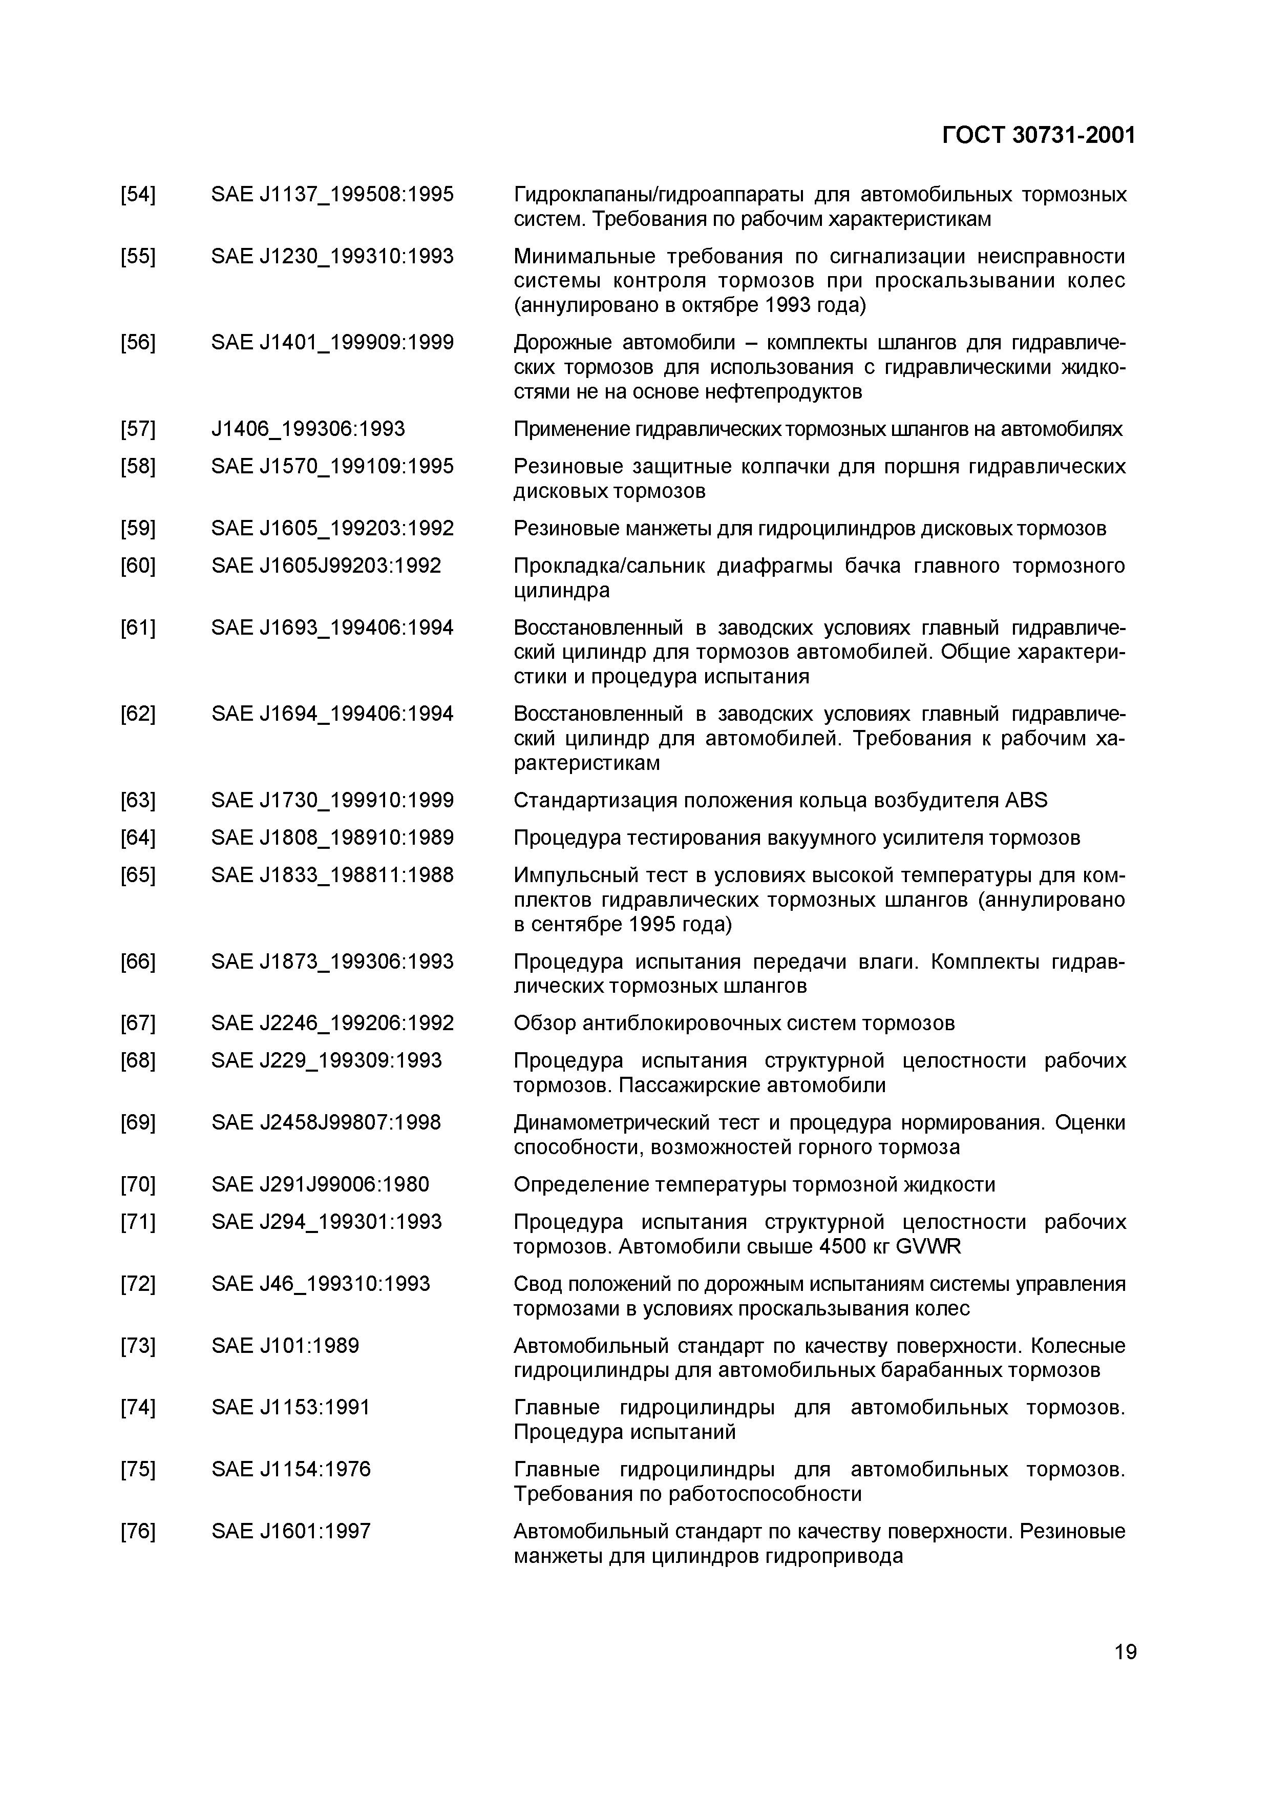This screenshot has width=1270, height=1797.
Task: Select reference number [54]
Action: (138, 194)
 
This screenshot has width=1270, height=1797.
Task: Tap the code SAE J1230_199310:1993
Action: (332, 257)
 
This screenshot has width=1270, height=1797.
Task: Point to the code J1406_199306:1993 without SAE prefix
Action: (308, 429)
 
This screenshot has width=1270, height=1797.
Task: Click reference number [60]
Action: (138, 566)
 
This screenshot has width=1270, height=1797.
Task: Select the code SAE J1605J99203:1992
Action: (326, 566)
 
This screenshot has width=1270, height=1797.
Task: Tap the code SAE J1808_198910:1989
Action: (332, 838)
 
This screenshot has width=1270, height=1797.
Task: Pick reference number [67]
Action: (138, 1023)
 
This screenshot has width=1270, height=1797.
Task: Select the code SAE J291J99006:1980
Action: (320, 1185)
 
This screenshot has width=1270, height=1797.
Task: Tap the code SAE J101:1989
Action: (285, 1346)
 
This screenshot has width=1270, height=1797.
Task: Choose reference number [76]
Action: (138, 1532)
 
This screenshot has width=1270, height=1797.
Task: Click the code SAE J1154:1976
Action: (290, 1470)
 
